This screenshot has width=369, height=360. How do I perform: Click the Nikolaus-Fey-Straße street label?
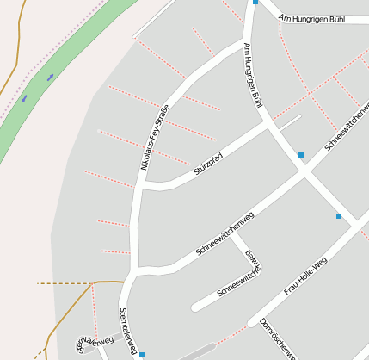tap(154, 136)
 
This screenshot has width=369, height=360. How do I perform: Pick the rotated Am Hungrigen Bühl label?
tap(252, 75)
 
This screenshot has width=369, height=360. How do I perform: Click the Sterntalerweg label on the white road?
tap(129, 330)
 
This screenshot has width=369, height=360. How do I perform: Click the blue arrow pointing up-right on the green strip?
tap(51, 77)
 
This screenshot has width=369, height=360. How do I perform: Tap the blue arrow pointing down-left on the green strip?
tap(24, 98)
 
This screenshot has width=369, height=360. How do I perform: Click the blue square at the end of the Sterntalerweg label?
tap(142, 354)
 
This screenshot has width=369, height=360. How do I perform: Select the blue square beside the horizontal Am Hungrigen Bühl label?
tap(255, 3)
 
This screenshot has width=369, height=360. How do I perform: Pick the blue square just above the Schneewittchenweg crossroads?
tap(301, 155)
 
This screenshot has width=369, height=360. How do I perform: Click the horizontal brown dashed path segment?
tap(65, 282)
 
